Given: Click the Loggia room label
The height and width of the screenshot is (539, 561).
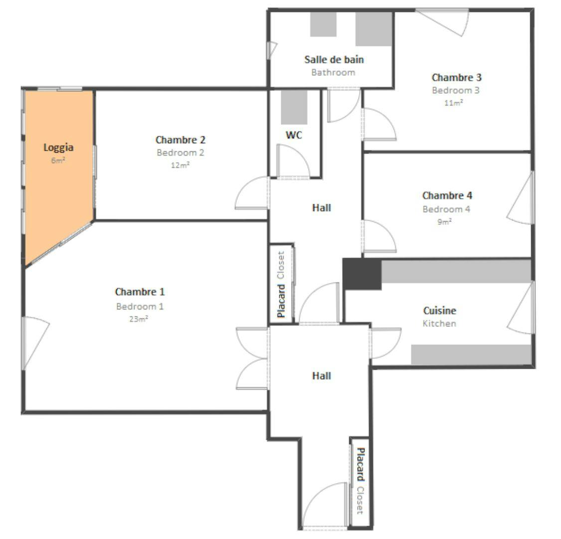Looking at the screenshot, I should tap(58, 147).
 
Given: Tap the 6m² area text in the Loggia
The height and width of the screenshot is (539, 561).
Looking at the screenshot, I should tap(58, 161).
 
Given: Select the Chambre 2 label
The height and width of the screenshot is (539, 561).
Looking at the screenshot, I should tap(180, 140).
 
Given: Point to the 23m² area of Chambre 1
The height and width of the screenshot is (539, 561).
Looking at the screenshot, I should tap(139, 319).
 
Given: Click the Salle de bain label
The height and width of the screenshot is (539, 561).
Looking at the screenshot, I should tap(334, 59).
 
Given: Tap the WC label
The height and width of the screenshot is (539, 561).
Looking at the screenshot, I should tap(294, 135).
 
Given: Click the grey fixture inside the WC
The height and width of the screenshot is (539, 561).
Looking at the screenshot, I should tap(294, 107).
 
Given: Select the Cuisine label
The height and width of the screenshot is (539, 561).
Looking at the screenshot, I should tap(439, 310).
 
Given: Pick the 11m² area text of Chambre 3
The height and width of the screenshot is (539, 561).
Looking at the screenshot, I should tap(453, 103).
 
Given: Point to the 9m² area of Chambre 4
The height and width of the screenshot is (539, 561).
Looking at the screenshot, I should tap(445, 222).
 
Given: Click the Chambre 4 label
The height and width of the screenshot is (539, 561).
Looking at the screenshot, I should tap(447, 196).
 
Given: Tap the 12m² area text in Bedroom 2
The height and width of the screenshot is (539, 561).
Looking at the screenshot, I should tap(180, 165).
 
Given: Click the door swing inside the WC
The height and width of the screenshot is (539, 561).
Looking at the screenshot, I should tap(292, 161).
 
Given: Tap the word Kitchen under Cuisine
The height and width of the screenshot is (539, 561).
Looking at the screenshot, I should tap(439, 323).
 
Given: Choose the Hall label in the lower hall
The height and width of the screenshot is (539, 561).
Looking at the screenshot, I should tap(321, 376).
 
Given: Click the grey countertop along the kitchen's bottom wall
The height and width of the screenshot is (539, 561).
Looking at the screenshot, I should tap(471, 354).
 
